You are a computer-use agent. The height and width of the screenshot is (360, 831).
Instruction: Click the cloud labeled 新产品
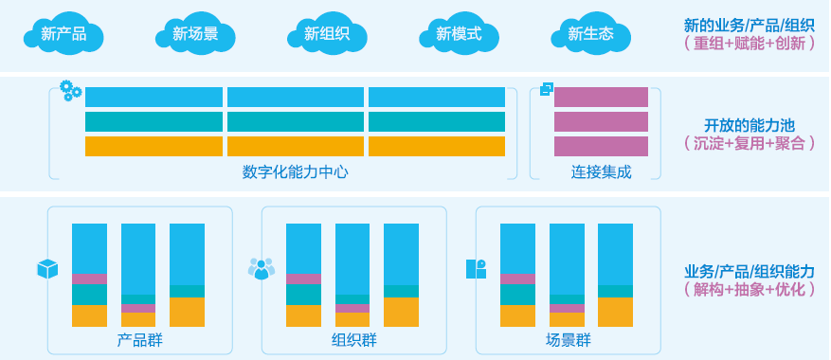point(63,34)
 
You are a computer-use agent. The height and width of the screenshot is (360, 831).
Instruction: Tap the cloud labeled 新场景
point(195,34)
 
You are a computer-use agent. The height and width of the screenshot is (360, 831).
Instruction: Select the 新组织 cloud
point(327,34)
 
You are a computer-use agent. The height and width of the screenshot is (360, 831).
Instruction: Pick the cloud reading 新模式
point(459,34)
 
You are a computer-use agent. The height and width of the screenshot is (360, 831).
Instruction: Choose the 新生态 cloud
point(590,34)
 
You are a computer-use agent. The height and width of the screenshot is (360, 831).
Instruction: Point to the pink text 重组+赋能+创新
point(749,44)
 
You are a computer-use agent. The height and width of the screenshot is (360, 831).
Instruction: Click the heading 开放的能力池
point(749,125)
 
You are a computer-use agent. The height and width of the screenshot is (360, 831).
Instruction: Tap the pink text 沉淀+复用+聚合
point(749,143)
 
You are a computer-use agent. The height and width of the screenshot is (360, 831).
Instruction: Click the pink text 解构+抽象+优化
point(749,289)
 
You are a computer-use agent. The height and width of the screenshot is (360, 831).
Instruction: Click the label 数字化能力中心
point(295,171)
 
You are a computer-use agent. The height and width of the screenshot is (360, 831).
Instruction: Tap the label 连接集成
point(601,171)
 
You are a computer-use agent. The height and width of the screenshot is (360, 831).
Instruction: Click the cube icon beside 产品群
point(47,269)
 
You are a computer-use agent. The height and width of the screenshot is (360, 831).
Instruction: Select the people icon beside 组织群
point(261,269)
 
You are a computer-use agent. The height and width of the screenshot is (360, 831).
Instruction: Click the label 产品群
point(139,340)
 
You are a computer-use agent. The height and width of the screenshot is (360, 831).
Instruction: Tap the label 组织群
point(353,340)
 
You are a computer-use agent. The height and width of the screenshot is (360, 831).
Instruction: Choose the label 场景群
point(568,340)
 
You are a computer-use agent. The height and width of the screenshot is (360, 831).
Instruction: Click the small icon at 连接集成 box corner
point(546,89)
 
